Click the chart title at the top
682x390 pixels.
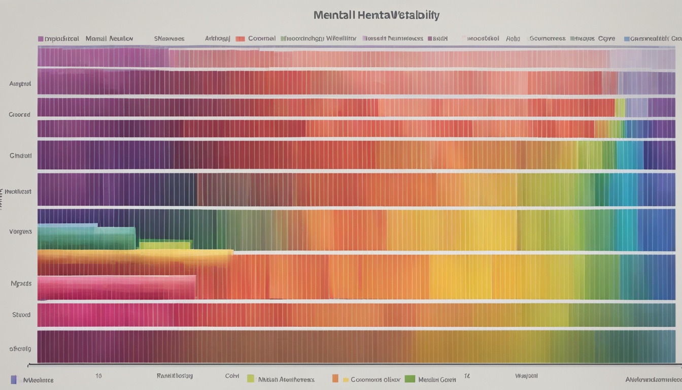(x=376, y=15)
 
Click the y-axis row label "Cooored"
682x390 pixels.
(x=20, y=115)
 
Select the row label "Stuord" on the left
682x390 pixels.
(x=21, y=315)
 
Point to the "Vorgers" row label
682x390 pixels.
(x=21, y=232)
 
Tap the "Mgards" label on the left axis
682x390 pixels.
(x=21, y=283)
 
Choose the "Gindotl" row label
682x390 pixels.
(x=21, y=155)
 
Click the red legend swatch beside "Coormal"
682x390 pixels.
(x=240, y=39)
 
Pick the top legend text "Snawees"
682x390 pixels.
(x=169, y=39)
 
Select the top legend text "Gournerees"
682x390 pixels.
(x=548, y=39)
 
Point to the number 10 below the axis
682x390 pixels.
(x=98, y=376)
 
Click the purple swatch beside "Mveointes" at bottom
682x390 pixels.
(x=14, y=379)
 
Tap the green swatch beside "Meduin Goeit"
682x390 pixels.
(x=410, y=379)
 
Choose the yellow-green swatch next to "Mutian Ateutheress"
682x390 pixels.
(x=250, y=379)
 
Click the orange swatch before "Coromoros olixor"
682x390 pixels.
(x=335, y=379)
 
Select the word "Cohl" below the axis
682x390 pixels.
(x=232, y=377)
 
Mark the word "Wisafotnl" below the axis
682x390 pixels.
(x=526, y=376)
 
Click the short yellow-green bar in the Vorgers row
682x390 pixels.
(x=165, y=245)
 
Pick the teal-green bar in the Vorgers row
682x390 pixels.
(x=86, y=238)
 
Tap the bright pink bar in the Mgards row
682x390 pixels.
(x=117, y=287)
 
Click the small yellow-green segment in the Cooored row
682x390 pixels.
(x=620, y=108)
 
